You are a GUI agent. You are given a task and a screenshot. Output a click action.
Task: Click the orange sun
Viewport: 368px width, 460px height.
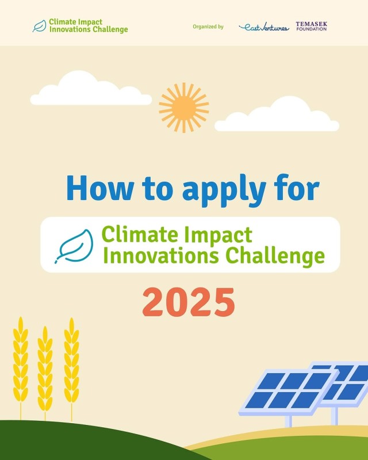click(x=184, y=108)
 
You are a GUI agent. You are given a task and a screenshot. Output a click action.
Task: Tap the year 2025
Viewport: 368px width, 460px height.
click(x=189, y=302)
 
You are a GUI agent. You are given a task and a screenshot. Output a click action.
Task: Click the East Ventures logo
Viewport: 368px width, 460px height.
click(x=264, y=27)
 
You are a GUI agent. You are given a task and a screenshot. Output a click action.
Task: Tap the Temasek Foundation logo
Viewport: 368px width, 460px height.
click(x=311, y=26)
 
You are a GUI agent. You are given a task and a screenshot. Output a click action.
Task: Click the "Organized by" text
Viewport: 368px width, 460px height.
click(x=208, y=26)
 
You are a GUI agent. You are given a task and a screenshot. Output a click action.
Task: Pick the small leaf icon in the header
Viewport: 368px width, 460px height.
click(x=39, y=26)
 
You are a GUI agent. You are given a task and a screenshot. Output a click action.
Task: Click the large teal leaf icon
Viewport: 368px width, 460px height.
click(x=74, y=246)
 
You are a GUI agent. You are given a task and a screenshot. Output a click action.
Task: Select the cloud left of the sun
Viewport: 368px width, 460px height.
click(x=91, y=88)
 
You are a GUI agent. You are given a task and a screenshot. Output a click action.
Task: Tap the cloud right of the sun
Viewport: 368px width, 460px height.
click(x=277, y=114)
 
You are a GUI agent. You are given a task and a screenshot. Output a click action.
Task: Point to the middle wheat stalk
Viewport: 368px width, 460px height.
click(x=45, y=373)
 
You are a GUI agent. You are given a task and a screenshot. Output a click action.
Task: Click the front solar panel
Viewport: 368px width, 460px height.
click(x=287, y=392)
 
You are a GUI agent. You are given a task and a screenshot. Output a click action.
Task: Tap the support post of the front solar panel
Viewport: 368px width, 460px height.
click(x=289, y=421)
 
